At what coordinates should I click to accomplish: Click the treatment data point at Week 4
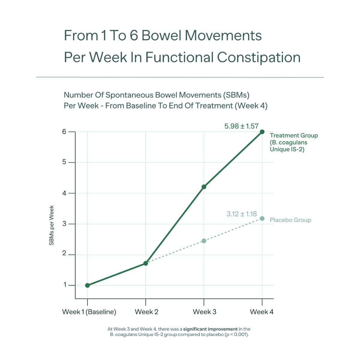(x=262, y=132)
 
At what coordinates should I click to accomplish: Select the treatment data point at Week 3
(x=204, y=187)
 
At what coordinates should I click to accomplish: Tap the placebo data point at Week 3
(x=204, y=241)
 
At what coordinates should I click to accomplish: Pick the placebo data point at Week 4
(x=262, y=218)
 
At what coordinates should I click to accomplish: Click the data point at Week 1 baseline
(x=87, y=285)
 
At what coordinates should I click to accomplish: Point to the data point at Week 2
(x=146, y=263)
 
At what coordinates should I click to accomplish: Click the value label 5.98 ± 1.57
(x=241, y=126)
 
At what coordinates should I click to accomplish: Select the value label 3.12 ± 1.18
(x=241, y=214)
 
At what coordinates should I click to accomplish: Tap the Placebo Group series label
(x=290, y=220)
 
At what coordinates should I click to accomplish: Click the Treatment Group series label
(x=293, y=142)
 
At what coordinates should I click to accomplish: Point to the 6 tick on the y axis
(x=64, y=132)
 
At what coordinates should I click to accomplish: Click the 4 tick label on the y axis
(x=64, y=193)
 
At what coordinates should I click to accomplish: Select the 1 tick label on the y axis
(x=64, y=285)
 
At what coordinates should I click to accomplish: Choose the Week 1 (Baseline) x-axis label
(x=89, y=312)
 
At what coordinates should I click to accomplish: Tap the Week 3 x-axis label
(x=204, y=312)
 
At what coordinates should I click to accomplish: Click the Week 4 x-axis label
(x=262, y=312)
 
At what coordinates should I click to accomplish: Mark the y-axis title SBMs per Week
(x=52, y=225)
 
